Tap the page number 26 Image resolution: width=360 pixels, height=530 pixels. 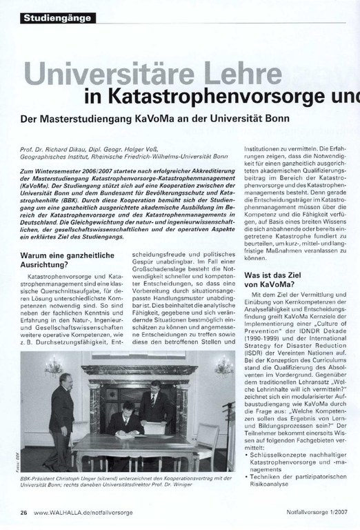24,512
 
